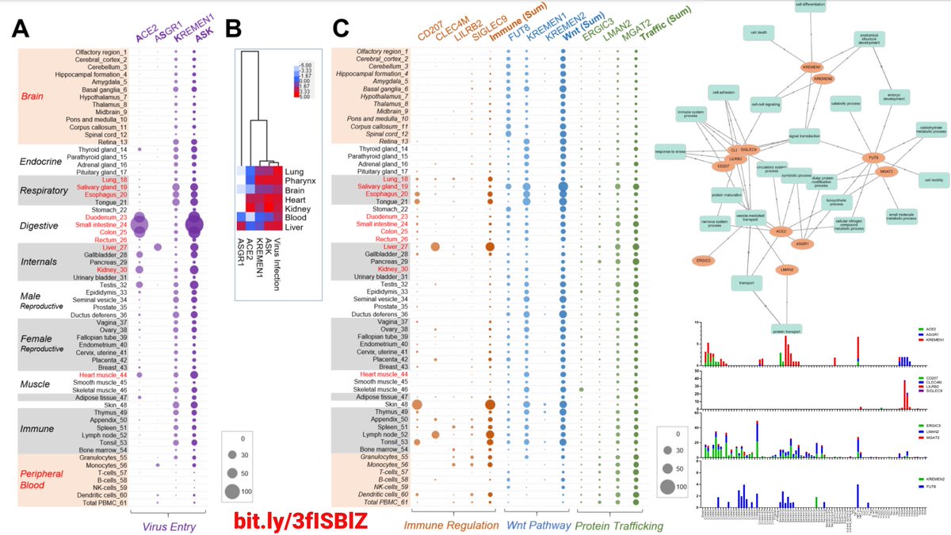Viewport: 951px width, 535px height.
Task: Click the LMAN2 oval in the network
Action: [785, 269]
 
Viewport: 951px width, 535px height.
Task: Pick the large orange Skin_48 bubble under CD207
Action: [417, 405]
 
